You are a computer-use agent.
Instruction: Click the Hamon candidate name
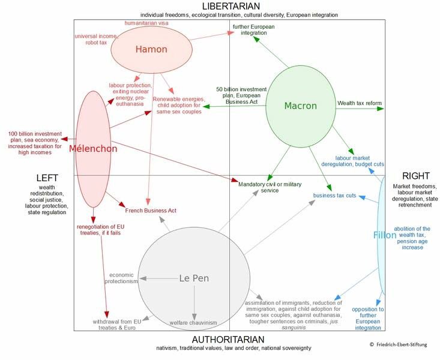click(151, 50)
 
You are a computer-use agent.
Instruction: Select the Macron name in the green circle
click(300, 106)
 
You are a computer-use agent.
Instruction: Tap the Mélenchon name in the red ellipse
click(93, 149)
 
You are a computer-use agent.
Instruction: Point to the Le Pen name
click(194, 278)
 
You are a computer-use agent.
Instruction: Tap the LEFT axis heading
click(47, 178)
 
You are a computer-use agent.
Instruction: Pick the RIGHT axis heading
click(416, 176)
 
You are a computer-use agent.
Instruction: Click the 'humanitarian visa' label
click(146, 23)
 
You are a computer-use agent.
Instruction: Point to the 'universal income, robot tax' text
click(95, 40)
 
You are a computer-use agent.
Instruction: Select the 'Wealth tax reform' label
click(359, 103)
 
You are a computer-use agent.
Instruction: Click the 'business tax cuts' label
click(334, 196)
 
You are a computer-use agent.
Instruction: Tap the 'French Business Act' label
click(151, 211)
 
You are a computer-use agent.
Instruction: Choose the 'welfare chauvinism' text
click(193, 323)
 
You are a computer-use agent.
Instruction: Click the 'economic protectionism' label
click(122, 277)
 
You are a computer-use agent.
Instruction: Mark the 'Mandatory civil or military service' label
click(270, 187)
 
